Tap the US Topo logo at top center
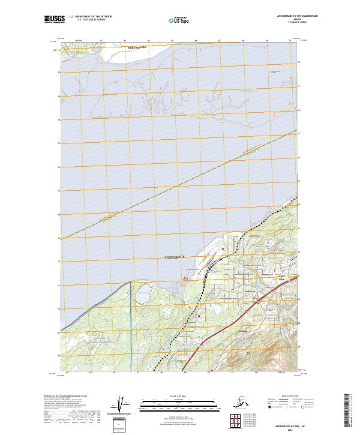[x=179, y=20]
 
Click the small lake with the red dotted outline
[x=143, y=296]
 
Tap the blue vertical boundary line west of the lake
[x=130, y=324]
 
